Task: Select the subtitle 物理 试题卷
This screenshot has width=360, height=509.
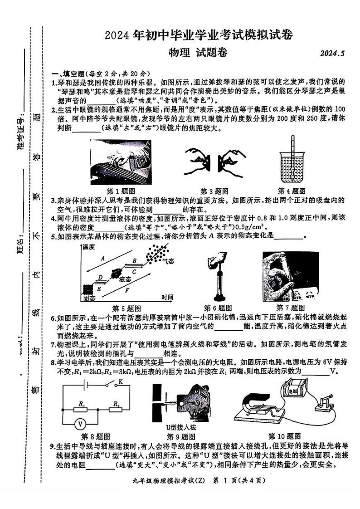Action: tap(198, 53)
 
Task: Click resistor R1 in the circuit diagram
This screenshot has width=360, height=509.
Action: tap(82, 409)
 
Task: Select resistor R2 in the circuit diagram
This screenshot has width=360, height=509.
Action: tap(117, 409)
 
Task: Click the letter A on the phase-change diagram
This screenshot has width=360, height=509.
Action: tap(103, 259)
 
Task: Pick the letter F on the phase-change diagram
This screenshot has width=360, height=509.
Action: tap(127, 289)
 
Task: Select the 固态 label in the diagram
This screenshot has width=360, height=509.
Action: tap(89, 299)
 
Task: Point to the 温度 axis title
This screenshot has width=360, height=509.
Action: tap(88, 247)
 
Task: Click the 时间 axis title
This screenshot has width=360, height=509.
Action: tap(167, 298)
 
